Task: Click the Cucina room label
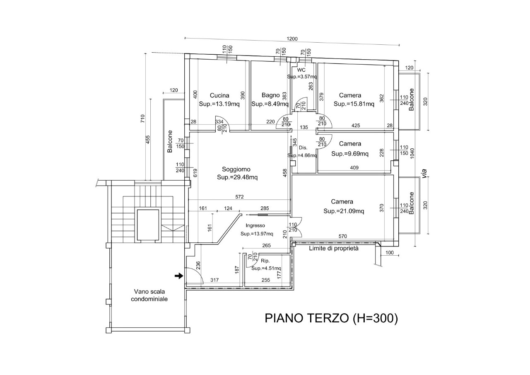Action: click(x=219, y=95)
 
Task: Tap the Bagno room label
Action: click(x=270, y=95)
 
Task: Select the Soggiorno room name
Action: click(x=236, y=169)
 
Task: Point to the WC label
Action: click(x=301, y=70)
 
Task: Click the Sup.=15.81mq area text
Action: click(x=354, y=104)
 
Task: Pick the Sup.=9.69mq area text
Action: click(x=350, y=154)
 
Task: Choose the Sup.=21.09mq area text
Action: click(x=344, y=211)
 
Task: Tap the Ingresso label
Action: click(x=255, y=225)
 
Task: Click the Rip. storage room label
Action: click(x=265, y=261)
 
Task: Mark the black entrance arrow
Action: click(x=179, y=276)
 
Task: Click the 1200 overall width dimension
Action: click(x=292, y=39)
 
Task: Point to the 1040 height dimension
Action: click(x=412, y=153)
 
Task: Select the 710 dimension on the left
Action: click(x=142, y=119)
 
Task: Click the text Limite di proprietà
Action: click(x=334, y=248)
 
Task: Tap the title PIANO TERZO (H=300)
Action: click(x=331, y=318)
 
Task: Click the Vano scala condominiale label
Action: click(x=149, y=295)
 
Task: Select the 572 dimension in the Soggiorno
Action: click(x=239, y=197)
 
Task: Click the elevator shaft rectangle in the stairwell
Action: click(x=148, y=225)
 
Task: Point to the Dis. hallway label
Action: click(x=303, y=148)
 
